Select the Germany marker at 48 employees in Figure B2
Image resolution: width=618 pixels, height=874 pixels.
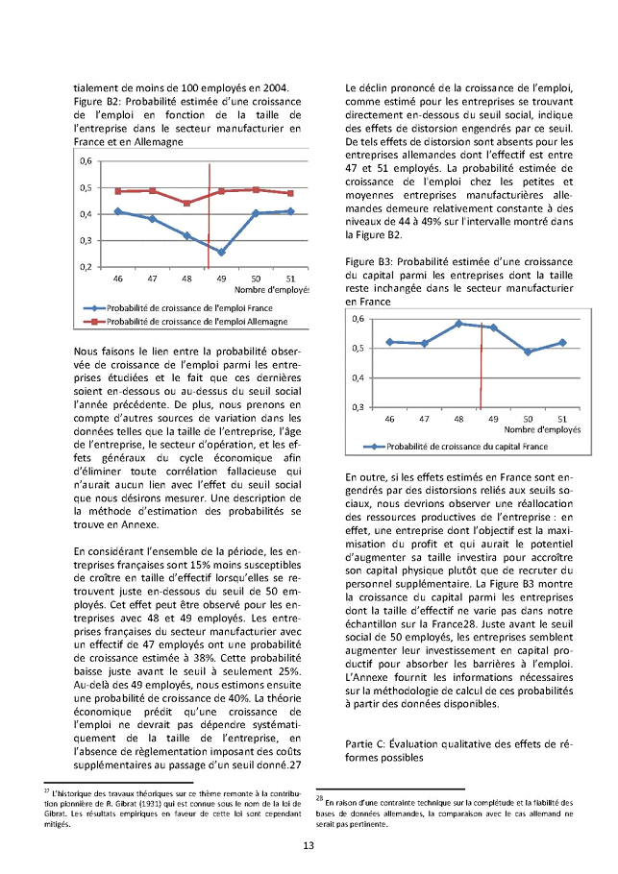pyautogui.click(x=187, y=203)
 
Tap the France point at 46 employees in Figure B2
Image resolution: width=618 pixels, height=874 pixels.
pyautogui.click(x=118, y=211)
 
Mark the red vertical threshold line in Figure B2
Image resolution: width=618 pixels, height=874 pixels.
pyautogui.click(x=208, y=216)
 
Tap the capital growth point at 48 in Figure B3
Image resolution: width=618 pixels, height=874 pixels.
pyautogui.click(x=458, y=324)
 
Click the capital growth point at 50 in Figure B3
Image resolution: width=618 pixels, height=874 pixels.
pyautogui.click(x=528, y=352)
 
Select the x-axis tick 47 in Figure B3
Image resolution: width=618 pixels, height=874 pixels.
pyautogui.click(x=424, y=420)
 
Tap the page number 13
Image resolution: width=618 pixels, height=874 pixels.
pyautogui.click(x=309, y=845)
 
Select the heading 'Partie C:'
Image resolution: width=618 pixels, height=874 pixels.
pyautogui.click(x=368, y=743)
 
